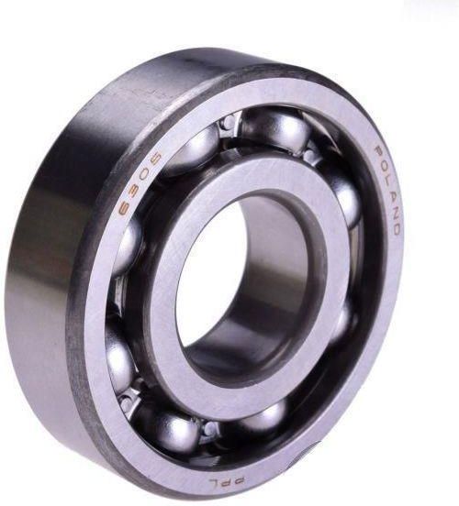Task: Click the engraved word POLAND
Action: [388, 190]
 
